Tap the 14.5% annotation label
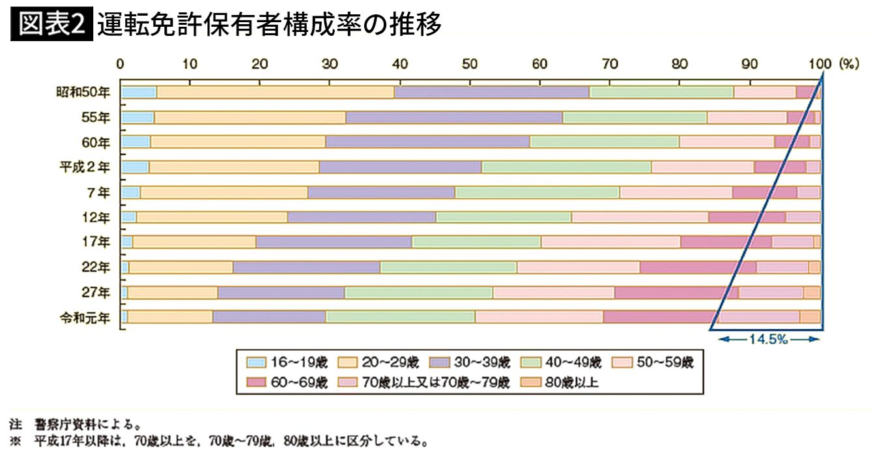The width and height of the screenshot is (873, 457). (768, 339)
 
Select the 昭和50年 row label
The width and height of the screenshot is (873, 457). (83, 93)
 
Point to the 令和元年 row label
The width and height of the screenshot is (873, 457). (83, 317)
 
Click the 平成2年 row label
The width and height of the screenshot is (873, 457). (83, 167)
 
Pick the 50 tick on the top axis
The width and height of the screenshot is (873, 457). (469, 64)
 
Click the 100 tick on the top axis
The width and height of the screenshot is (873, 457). (820, 64)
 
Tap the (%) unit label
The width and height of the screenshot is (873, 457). (850, 64)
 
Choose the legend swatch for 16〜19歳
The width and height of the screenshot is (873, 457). (256, 362)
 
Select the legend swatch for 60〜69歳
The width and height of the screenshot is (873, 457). (256, 383)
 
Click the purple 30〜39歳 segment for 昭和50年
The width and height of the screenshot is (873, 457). (491, 93)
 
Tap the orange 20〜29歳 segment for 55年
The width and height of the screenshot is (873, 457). (250, 118)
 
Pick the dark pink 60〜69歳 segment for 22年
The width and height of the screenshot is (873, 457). (698, 267)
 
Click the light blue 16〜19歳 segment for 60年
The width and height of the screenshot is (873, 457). (136, 142)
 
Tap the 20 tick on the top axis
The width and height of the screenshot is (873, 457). (259, 64)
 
